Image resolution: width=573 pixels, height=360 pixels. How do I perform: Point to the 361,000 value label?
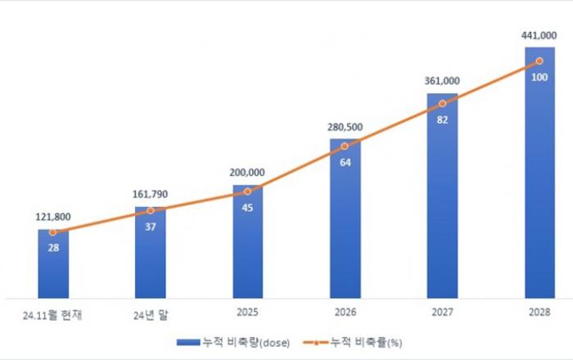coord(442,81)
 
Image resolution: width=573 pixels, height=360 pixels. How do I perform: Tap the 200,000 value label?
coord(247,173)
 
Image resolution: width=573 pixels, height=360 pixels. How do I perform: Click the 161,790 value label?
coord(150,195)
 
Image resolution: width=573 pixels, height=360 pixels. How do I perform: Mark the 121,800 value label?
coord(52,218)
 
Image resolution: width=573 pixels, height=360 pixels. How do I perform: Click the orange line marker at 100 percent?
coord(539,61)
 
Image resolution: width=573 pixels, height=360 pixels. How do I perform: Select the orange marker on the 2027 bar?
coord(442,103)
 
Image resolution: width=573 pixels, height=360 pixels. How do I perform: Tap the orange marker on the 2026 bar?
coord(345,146)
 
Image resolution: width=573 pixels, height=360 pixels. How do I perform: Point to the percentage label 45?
coord(247,206)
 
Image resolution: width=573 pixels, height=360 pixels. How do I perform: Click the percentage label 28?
coord(52,247)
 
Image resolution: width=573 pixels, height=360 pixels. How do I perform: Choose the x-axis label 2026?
coord(345,313)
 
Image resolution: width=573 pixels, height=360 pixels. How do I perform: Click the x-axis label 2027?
coord(442,313)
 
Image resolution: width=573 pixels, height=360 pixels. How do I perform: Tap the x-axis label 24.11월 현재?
coord(52,313)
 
